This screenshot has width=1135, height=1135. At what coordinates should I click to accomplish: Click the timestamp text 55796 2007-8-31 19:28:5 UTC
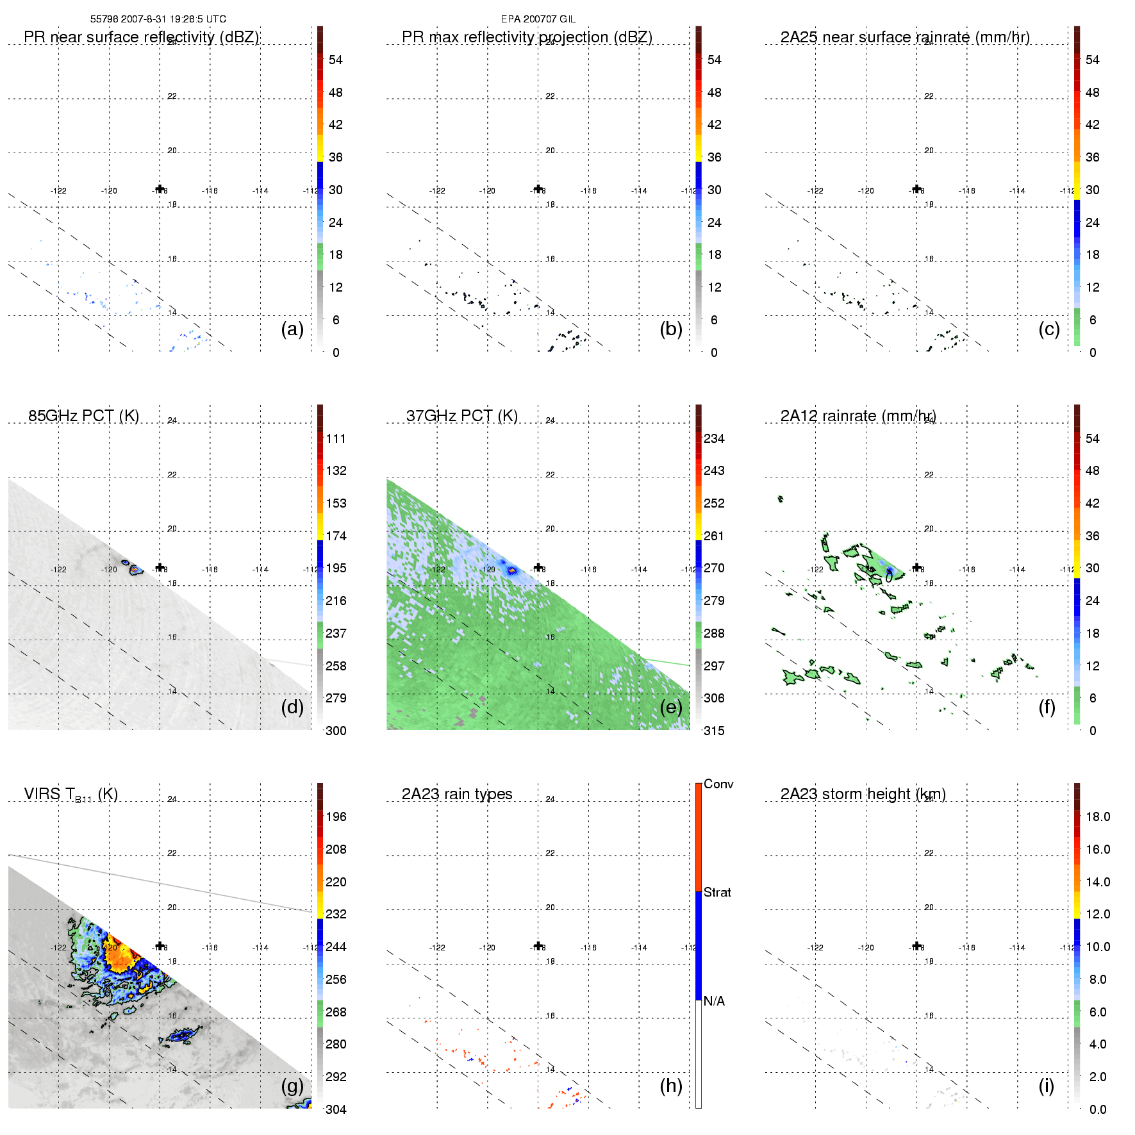click(158, 19)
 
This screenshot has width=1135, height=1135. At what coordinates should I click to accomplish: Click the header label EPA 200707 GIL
click(538, 19)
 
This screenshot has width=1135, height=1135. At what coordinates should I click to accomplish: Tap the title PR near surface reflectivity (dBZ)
click(141, 37)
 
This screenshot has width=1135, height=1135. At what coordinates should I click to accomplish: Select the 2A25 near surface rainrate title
click(904, 37)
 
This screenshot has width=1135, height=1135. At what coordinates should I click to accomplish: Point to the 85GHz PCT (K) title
click(83, 416)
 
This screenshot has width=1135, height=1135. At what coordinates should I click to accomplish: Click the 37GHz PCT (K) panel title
click(461, 416)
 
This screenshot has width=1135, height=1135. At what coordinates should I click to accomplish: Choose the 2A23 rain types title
click(456, 794)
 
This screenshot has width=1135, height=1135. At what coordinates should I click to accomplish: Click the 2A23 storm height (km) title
click(863, 794)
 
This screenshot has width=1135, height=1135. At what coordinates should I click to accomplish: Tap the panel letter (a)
click(292, 329)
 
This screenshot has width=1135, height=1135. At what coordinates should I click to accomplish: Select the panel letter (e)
click(670, 708)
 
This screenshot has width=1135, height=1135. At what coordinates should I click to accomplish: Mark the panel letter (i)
click(1046, 1086)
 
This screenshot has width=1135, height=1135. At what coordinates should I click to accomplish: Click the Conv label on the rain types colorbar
click(718, 784)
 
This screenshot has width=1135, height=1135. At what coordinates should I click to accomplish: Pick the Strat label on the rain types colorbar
click(717, 892)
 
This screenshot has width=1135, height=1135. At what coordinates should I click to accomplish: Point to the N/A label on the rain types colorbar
click(714, 1001)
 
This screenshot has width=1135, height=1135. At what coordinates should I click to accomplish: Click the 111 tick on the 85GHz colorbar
click(336, 438)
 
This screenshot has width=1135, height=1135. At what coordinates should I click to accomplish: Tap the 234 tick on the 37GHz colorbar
click(714, 438)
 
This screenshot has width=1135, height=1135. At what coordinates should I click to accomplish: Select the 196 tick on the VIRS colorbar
click(336, 816)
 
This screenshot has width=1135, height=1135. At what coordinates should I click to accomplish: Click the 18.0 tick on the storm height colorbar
click(1097, 816)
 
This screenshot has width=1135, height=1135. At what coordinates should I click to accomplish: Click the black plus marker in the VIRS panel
click(160, 946)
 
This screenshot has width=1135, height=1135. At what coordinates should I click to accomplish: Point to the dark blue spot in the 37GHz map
click(511, 569)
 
